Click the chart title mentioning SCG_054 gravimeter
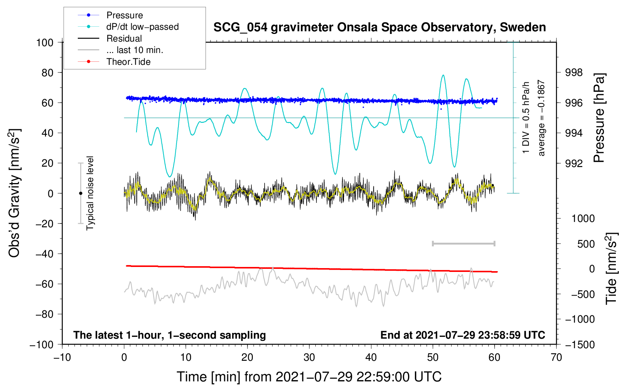point(379,27)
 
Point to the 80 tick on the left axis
point(47,73)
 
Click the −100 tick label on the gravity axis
point(42,345)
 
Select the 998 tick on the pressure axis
point(574,73)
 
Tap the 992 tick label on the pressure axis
point(574,163)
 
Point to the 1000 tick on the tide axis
point(583,219)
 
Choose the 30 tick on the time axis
point(309,358)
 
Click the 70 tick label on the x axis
point(556,358)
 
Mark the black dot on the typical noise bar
point(80,193)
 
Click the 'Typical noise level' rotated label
point(90,193)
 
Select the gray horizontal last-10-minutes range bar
point(463,244)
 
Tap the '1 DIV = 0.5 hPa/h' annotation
point(525,117)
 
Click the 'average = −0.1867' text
point(541,118)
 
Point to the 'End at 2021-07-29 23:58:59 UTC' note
point(463,335)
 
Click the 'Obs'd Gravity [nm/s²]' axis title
point(14,193)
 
